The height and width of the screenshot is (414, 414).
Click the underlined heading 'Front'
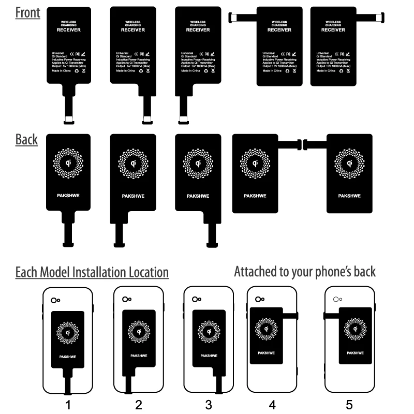click(27, 13)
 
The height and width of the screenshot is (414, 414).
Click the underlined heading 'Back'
click(26, 139)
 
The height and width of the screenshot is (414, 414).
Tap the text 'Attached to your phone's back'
click(305, 271)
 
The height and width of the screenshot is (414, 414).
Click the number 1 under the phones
click(68, 405)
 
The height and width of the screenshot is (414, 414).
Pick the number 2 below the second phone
click(139, 405)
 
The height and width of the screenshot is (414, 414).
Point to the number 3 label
click(209, 405)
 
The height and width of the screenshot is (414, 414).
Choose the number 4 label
click(272, 405)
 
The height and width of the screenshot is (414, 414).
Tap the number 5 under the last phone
click(349, 405)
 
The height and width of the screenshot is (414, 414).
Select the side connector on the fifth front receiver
click(380, 18)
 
